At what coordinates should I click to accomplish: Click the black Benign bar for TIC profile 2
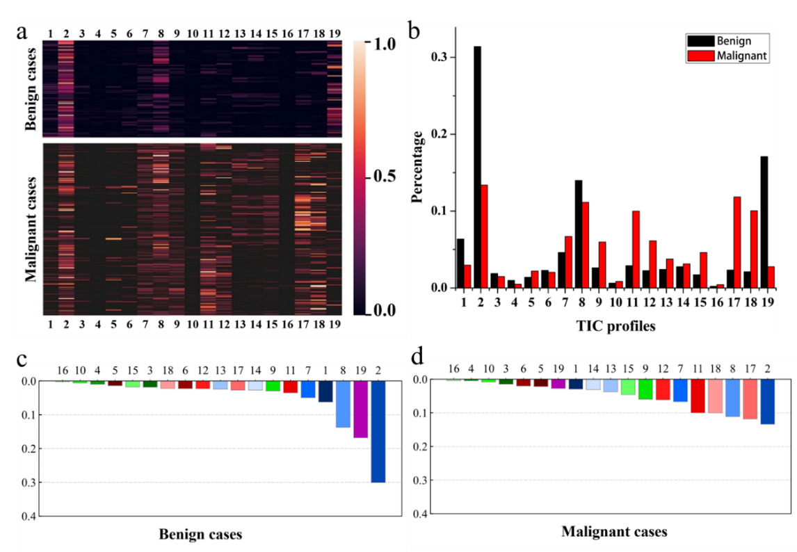pos(478,167)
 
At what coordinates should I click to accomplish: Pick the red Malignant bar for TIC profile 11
pos(635,249)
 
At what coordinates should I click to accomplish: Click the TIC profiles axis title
pos(616,325)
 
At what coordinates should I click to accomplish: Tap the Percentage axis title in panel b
pos(417,164)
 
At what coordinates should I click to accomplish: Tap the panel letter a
pos(24,32)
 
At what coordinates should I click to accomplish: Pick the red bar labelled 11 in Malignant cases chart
pos(698,396)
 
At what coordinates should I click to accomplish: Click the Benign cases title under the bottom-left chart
pos(200,534)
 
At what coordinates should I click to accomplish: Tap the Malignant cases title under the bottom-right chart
pos(614,532)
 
